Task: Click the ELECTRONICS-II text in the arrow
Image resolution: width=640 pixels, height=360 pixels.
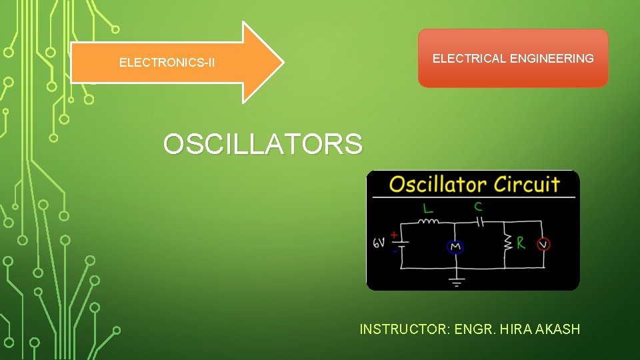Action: (167, 63)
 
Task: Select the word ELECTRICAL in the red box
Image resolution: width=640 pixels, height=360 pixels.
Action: (469, 59)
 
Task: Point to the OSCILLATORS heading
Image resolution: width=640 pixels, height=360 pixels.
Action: (263, 145)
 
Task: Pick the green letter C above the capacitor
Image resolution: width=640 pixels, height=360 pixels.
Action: (478, 207)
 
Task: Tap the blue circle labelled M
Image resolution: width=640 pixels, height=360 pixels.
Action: (456, 247)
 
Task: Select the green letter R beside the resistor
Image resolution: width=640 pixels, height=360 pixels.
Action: (521, 243)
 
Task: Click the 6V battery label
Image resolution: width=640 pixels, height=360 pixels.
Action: (379, 244)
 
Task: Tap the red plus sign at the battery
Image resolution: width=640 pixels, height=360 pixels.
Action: (394, 235)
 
